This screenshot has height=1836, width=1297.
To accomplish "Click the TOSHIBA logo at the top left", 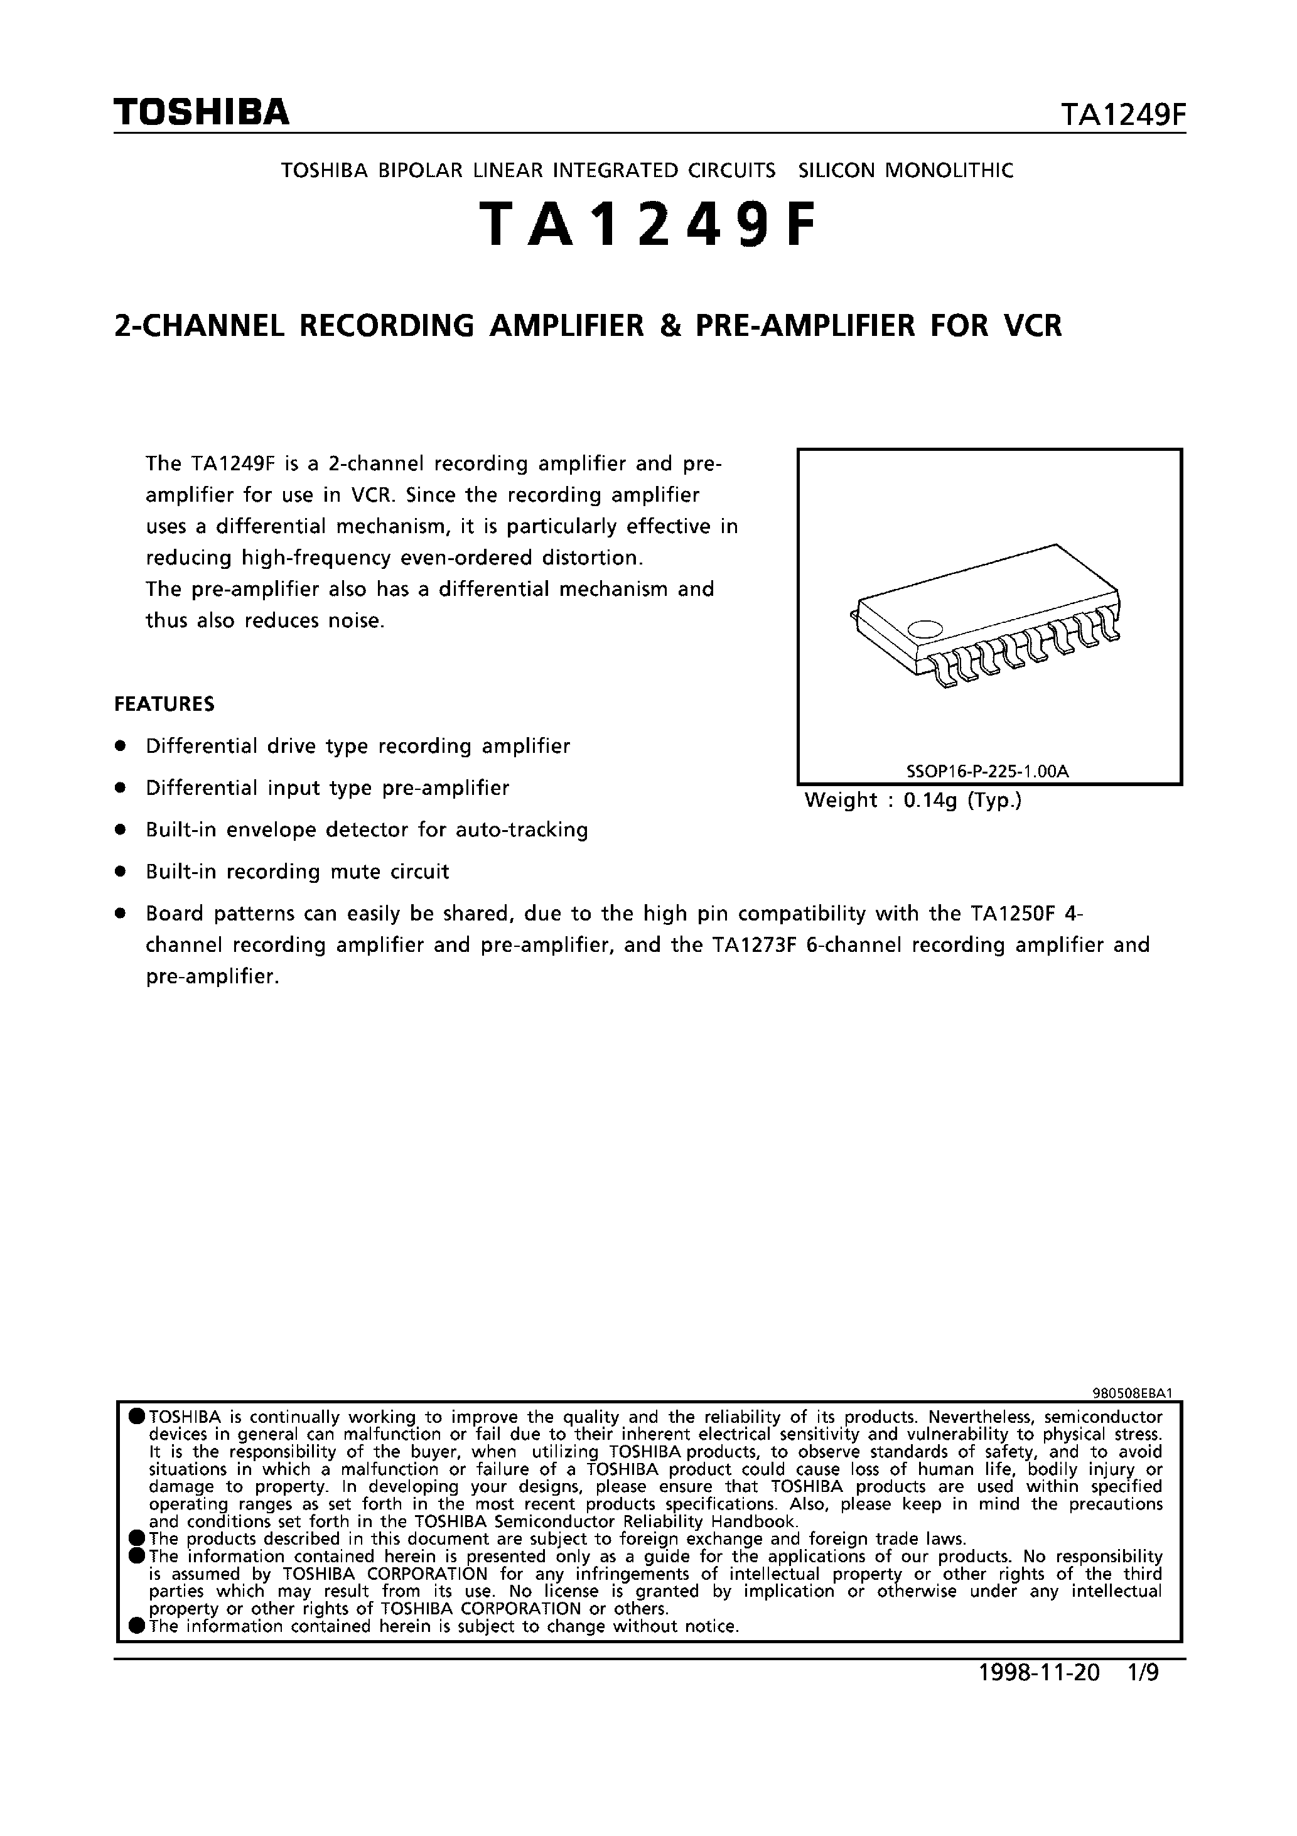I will pyautogui.click(x=202, y=113).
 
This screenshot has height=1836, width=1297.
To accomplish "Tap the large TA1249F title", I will pyautogui.click(x=648, y=225).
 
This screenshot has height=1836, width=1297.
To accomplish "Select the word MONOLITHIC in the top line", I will pyautogui.click(x=949, y=170).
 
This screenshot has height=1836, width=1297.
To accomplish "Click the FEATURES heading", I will pyautogui.click(x=164, y=705).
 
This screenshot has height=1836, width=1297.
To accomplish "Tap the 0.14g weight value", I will pyautogui.click(x=930, y=801).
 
